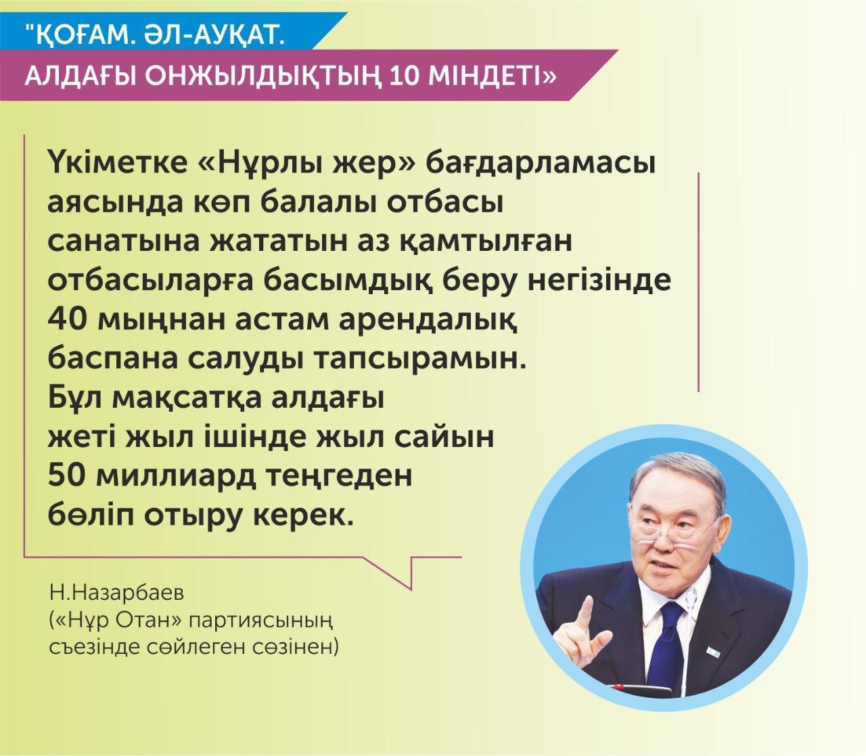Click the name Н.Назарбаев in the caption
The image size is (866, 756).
coord(117,594)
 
